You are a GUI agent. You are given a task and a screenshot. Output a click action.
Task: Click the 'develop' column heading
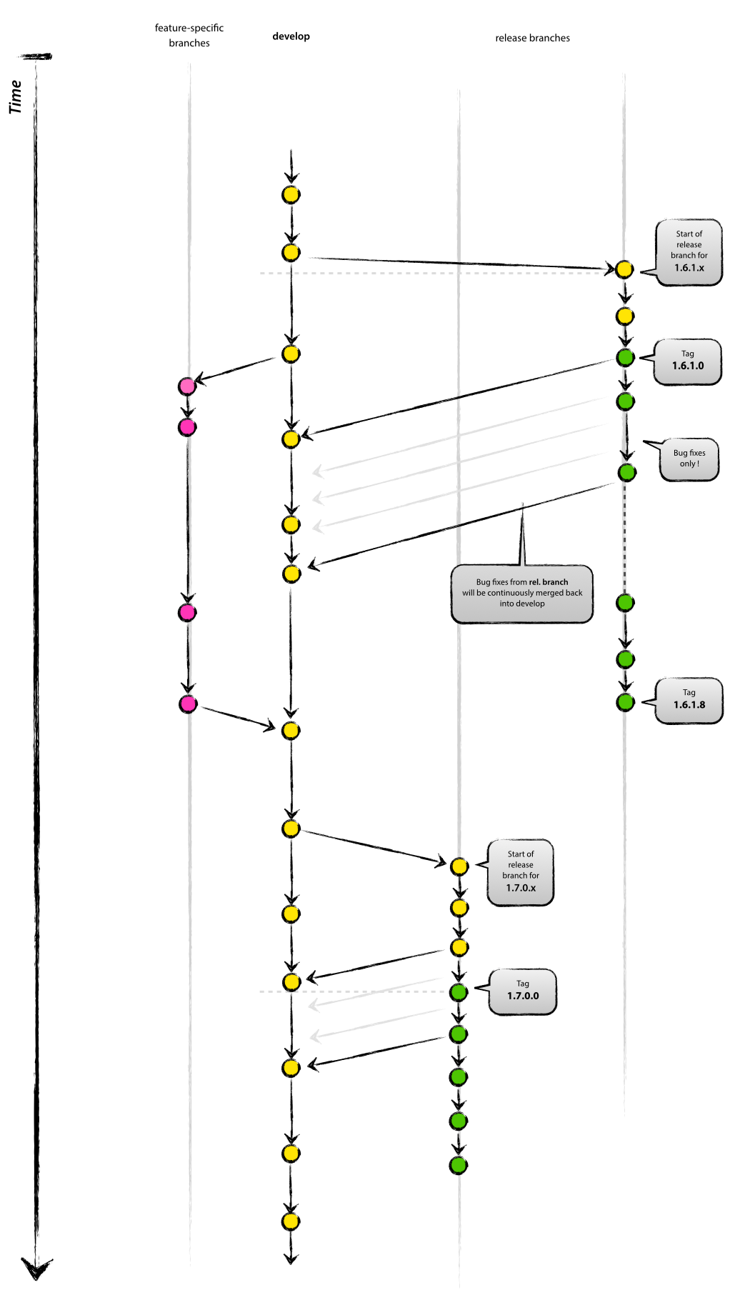pos(291,36)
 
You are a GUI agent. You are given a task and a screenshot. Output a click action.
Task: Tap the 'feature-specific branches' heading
pos(189,35)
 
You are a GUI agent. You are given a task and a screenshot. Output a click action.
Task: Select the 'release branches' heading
pos(533,38)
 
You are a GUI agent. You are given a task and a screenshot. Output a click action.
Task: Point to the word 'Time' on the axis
pos(16,97)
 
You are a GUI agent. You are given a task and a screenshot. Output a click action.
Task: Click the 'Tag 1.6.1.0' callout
pos(687,362)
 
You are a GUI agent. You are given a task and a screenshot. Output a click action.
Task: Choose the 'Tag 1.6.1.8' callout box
pos(689,701)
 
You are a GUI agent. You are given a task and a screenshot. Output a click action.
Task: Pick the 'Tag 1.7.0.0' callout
pos(522,992)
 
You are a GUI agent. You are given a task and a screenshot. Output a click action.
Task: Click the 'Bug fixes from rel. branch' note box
pos(522,594)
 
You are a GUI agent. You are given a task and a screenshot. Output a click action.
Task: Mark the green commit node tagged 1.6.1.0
pos(625,357)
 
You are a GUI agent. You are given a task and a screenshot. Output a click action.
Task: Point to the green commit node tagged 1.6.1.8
pos(625,702)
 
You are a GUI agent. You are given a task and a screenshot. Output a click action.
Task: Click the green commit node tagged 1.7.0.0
pos(459,991)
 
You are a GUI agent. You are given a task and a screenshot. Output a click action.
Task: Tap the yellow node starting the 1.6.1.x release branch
pos(624,269)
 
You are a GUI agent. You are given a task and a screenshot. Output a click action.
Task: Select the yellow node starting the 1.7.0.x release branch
pos(459,866)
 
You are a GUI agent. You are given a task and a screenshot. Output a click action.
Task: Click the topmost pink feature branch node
pos(187,386)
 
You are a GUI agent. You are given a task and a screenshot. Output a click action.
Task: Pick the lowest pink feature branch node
pos(188,704)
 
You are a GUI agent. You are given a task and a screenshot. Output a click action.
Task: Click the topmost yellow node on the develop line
pos(291,194)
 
